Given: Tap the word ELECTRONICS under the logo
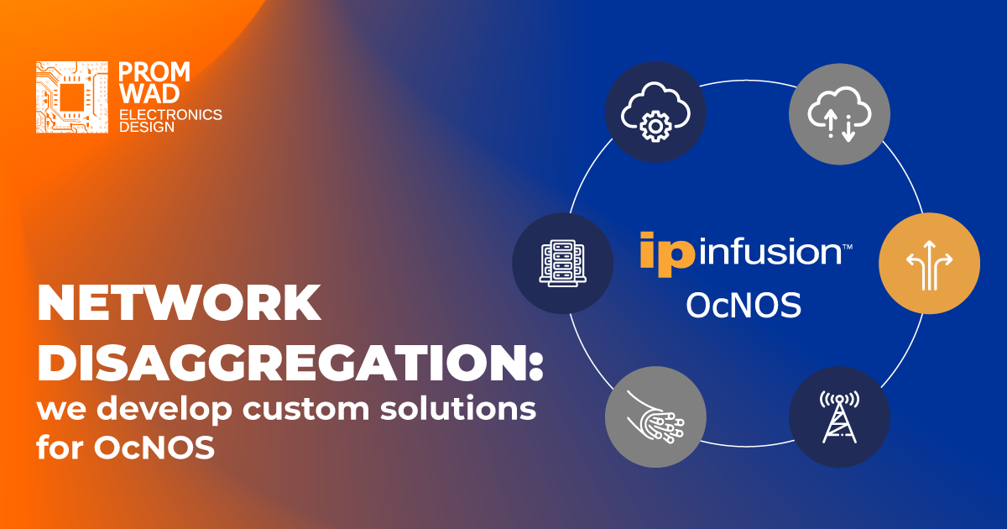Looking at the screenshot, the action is click(171, 114).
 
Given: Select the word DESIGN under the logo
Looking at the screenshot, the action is click(148, 128).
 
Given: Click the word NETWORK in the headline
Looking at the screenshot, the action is click(178, 304).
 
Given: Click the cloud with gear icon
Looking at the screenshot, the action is click(655, 112).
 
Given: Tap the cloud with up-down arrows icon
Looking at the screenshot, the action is click(839, 113).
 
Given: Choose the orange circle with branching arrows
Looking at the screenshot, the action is click(929, 264).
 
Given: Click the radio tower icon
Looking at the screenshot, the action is click(839, 416).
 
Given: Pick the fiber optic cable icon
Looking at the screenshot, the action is click(655, 416).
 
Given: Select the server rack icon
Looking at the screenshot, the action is click(563, 264).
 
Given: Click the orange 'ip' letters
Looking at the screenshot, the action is click(666, 253).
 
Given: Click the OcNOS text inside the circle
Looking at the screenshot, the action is click(743, 305).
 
